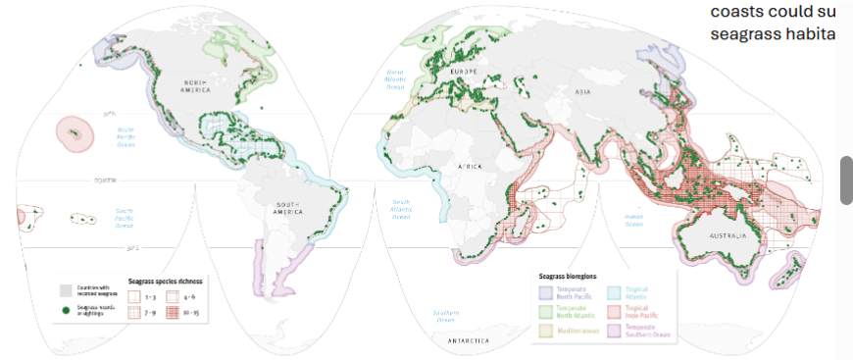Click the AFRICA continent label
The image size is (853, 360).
[x=470, y=168]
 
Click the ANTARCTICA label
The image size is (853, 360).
[x=467, y=339]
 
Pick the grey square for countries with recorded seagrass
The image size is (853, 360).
[x=64, y=291]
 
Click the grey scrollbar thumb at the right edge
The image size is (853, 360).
[x=846, y=180]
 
